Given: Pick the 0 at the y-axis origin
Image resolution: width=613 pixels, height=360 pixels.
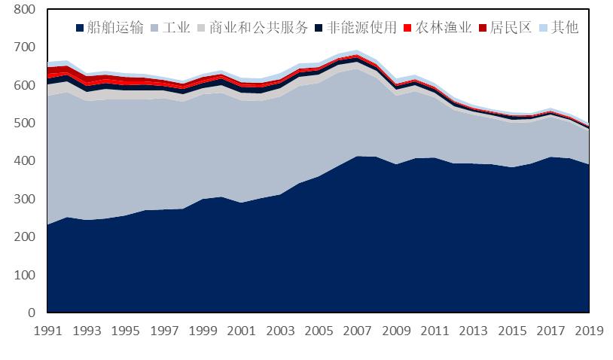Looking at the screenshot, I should [32, 313].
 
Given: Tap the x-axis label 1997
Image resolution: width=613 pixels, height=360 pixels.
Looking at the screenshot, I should [163, 330].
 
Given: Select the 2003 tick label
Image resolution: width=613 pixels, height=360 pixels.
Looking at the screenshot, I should [282, 330].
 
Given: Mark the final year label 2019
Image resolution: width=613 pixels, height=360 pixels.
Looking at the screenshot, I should [590, 330].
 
